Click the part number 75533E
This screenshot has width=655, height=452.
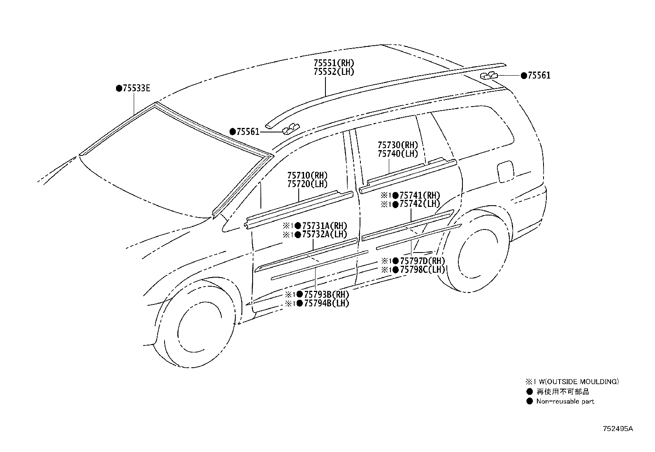[x=137, y=88]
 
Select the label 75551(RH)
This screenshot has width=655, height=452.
[x=334, y=63]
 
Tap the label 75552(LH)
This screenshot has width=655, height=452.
[x=334, y=72]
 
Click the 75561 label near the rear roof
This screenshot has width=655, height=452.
[x=539, y=75]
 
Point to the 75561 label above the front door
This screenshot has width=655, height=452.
[x=248, y=132]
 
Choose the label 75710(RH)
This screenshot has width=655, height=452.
[x=307, y=176]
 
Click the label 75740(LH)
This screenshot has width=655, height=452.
[x=398, y=154]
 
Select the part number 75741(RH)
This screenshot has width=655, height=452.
[x=420, y=195]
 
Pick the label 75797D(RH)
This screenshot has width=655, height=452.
[x=422, y=261]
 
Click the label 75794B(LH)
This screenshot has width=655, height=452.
[x=327, y=304]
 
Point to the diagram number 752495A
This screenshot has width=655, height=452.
[x=618, y=429]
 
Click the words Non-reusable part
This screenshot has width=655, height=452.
[x=565, y=401]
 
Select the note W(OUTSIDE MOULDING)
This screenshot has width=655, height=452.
[x=579, y=382]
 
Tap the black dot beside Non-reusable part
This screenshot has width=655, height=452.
[x=530, y=401]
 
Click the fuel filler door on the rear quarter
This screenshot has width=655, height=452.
[x=506, y=172]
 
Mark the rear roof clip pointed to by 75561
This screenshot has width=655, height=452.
[x=489, y=75]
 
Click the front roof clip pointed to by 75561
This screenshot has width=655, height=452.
[x=291, y=129]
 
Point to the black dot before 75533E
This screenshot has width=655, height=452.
[x=119, y=88]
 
